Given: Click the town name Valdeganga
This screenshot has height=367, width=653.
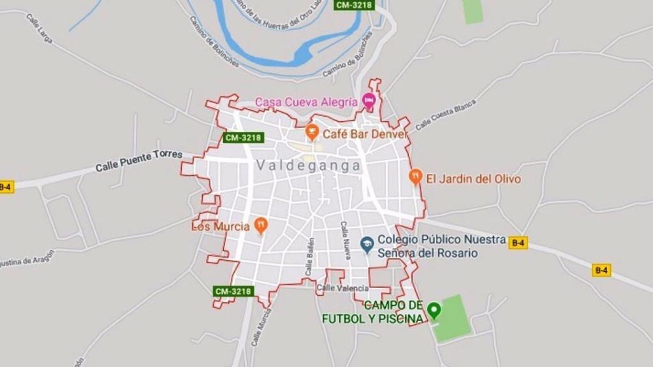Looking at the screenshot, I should point(308,166).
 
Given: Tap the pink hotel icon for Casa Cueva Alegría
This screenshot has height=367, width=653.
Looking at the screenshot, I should point(368,101).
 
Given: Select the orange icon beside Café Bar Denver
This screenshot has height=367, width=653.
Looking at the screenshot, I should point(312,133).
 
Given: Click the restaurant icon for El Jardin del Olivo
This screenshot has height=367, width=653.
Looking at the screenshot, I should point(416,176).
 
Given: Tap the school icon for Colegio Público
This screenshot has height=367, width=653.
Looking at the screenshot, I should point(367,243).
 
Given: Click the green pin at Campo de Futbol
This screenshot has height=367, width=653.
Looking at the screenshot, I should point(434,310).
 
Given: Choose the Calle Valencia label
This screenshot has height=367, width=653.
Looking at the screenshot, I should point(342,288).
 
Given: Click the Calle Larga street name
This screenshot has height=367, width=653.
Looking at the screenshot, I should point(39,29).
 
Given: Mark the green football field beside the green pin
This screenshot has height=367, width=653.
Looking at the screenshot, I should point(453,317).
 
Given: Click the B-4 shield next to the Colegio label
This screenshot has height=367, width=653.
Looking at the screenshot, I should point(518,242).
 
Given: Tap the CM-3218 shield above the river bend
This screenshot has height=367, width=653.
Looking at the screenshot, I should point(355,4).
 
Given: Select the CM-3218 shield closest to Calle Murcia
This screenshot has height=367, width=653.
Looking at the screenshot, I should point(233,291).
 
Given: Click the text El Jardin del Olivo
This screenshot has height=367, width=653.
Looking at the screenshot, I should point(473,179).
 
